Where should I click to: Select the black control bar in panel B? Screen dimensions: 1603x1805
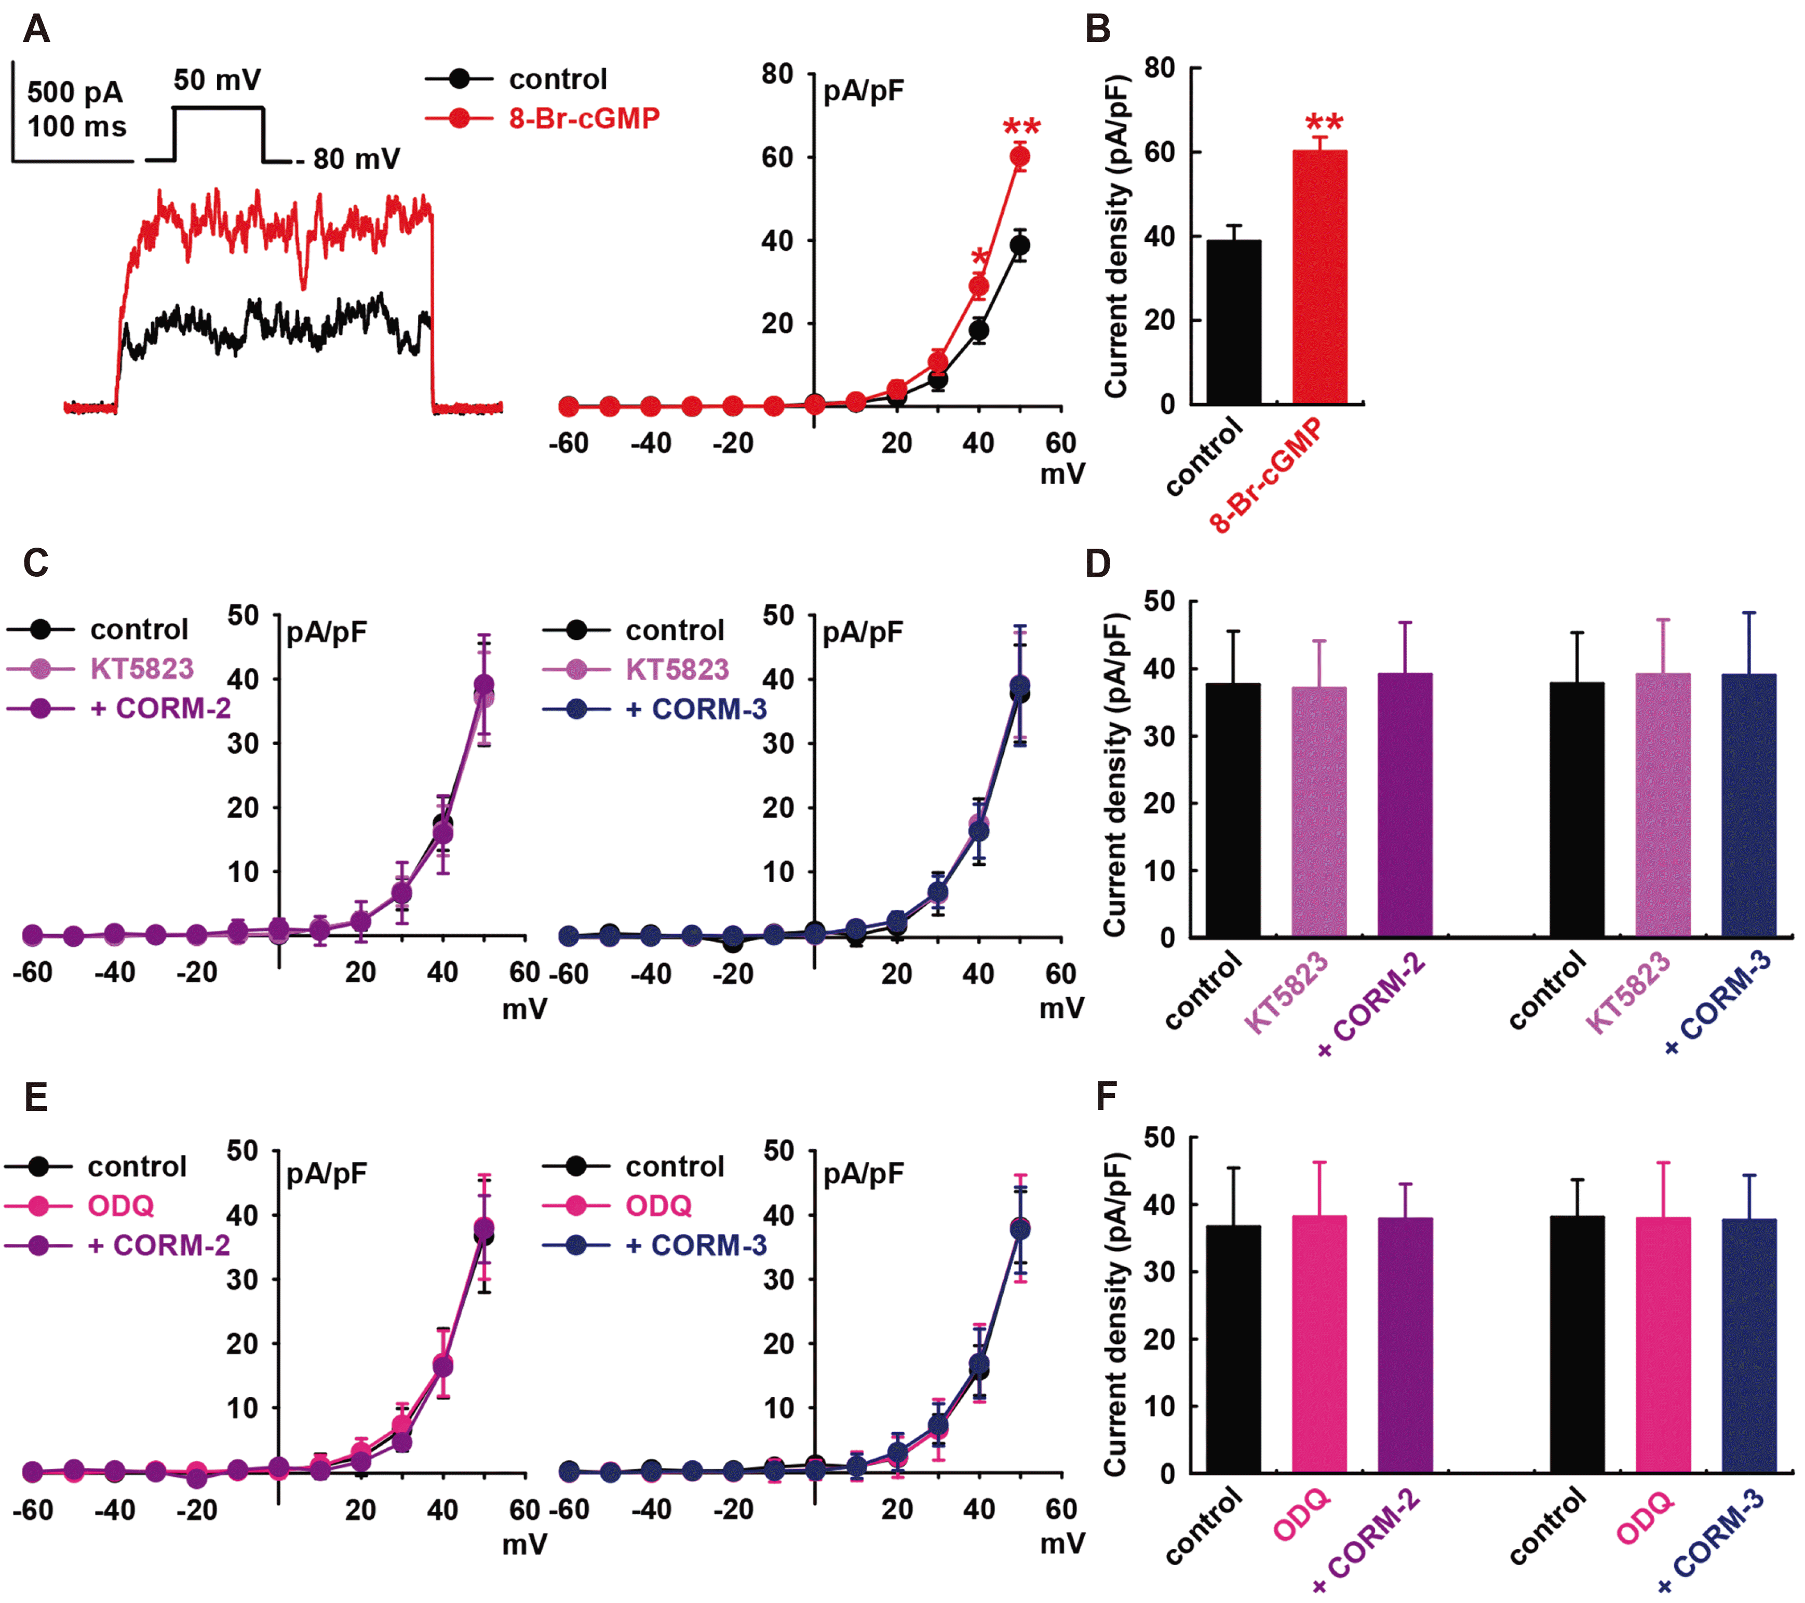(1234, 322)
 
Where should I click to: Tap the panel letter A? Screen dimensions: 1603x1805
(36, 29)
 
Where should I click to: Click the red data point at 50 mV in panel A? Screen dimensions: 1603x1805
(1020, 157)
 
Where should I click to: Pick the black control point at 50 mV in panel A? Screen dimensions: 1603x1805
(1020, 246)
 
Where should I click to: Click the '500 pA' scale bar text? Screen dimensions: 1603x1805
(75, 92)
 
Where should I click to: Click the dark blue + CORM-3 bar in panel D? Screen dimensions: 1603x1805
(1748, 805)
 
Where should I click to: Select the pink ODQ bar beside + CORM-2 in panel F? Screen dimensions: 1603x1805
(1319, 1343)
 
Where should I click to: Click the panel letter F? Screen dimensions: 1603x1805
(1106, 1097)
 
